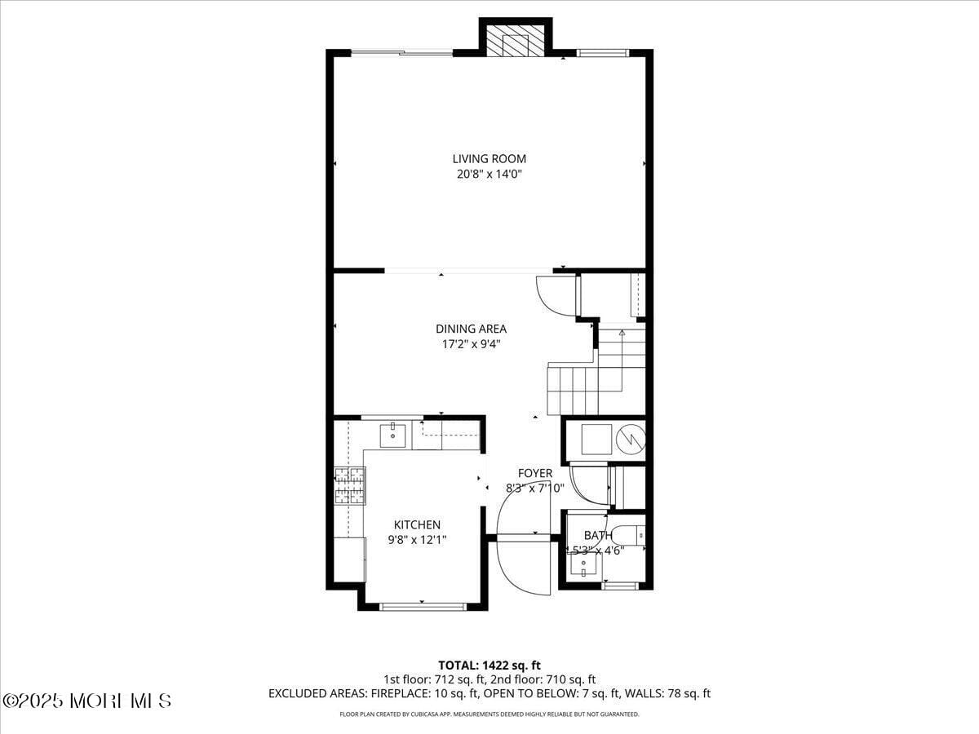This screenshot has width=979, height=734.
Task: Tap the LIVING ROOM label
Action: tap(489, 159)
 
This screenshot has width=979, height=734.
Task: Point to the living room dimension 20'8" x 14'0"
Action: tap(489, 175)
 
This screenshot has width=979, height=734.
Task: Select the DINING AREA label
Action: tap(471, 329)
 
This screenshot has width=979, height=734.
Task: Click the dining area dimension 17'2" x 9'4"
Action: tap(471, 344)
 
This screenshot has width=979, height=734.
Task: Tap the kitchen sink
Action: tap(393, 433)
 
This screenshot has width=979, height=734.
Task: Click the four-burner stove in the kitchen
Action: tap(349, 486)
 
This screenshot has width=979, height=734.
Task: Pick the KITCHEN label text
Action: tap(417, 525)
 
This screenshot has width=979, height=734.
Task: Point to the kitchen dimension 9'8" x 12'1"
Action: tap(417, 540)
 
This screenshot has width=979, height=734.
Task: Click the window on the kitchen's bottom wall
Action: tap(423, 606)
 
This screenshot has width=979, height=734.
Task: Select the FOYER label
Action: tap(535, 473)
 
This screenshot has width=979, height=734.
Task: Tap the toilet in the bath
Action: tap(629, 535)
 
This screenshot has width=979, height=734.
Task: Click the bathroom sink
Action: tap(583, 564)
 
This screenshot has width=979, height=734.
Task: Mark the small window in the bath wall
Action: tap(620, 585)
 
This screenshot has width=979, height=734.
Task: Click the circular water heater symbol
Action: tap(631, 440)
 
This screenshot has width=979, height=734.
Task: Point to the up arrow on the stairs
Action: tap(622, 334)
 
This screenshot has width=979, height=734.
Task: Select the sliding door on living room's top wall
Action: tap(401, 53)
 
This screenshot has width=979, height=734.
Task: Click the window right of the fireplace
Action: tap(603, 53)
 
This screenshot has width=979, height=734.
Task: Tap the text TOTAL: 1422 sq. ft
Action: tap(489, 665)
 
